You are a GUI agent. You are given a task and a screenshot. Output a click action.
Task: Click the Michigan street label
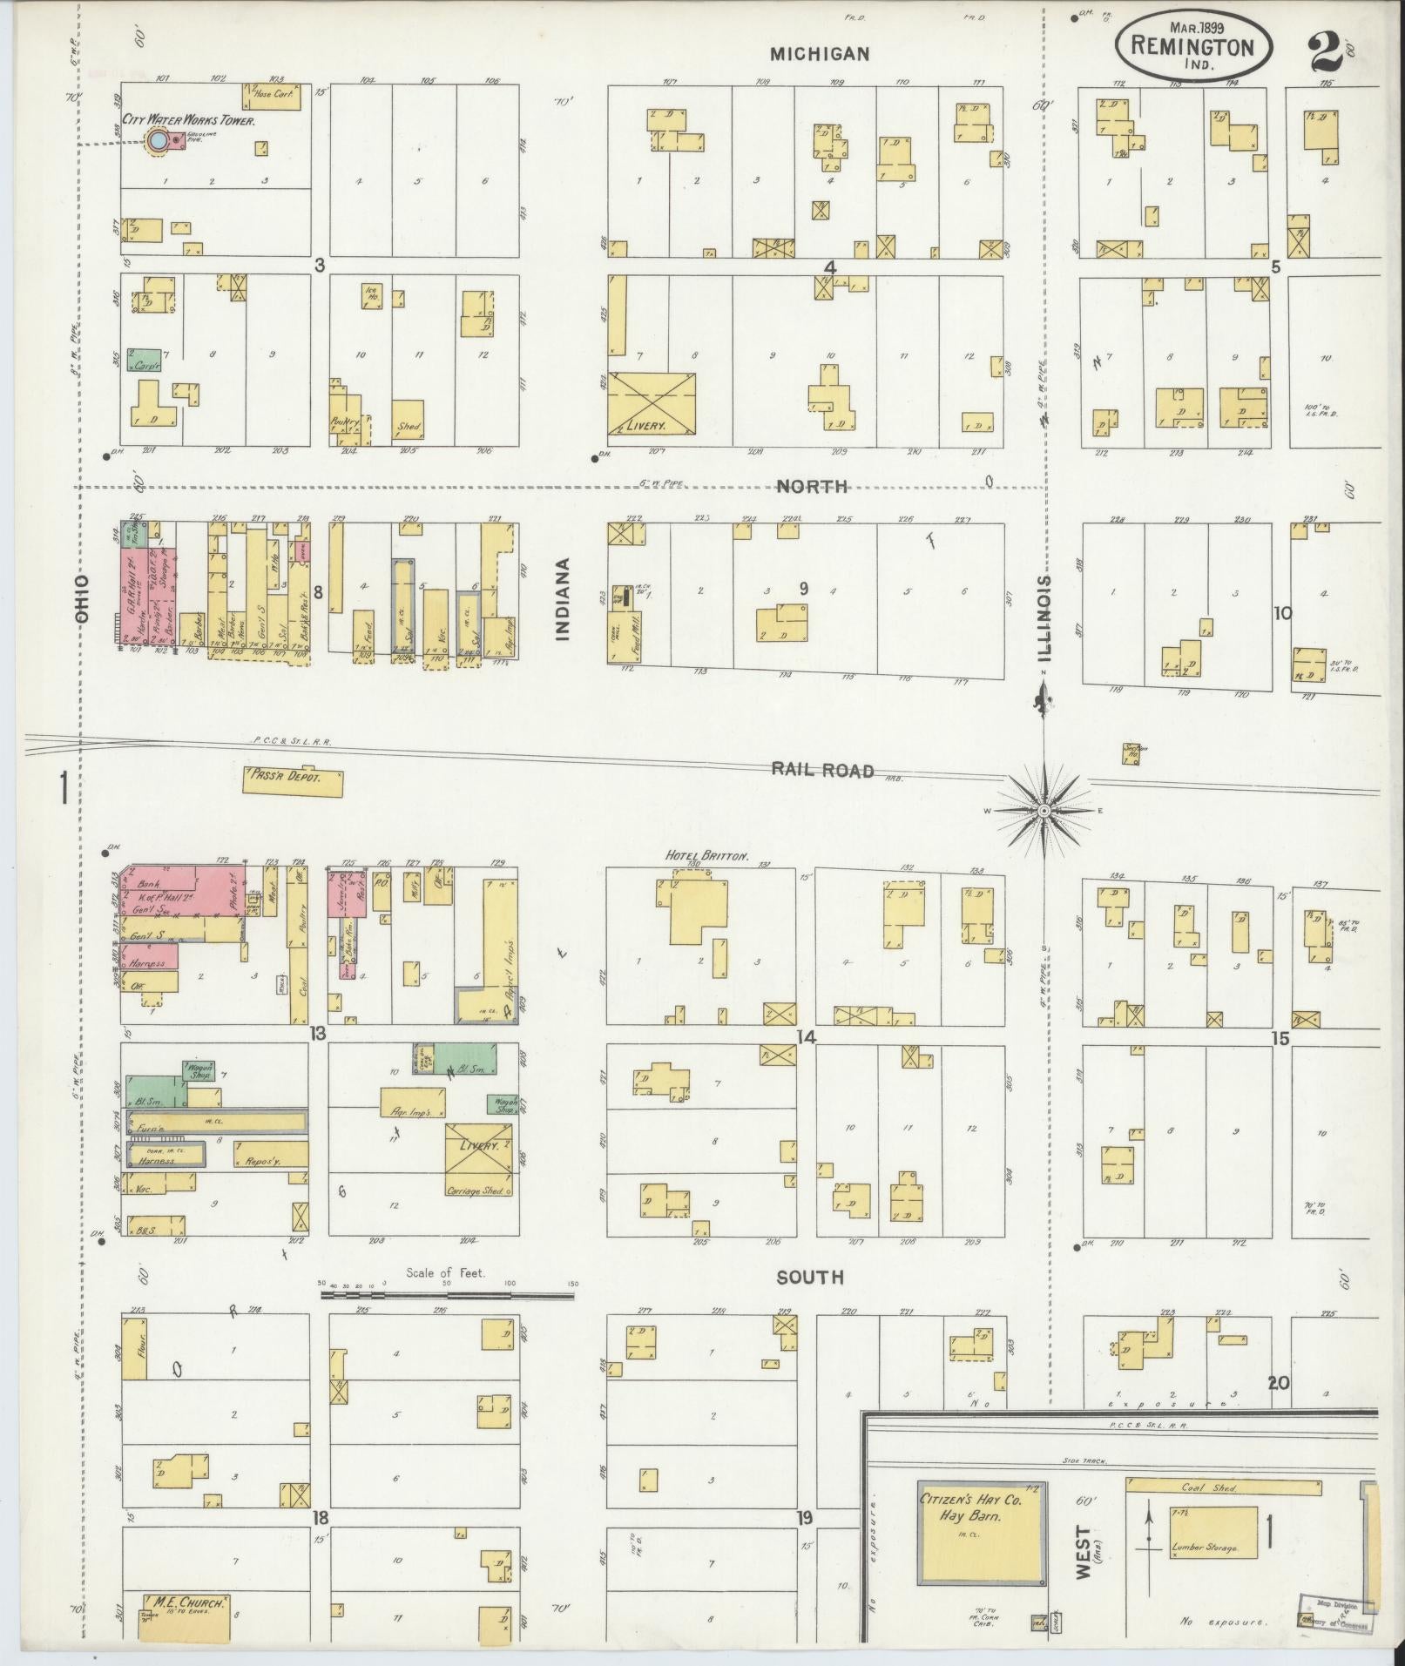point(819,54)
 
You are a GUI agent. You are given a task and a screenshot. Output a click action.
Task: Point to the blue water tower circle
point(158,139)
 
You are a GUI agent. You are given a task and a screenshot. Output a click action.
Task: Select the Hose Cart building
point(272,96)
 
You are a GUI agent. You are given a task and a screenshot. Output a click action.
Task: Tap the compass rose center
point(1043,811)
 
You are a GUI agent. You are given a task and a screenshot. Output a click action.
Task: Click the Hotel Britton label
point(706,856)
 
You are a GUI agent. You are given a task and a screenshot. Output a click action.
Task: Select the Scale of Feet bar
point(447,1295)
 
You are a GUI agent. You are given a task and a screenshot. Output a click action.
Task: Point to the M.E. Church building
point(187,1617)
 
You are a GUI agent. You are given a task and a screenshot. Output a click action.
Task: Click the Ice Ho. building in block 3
point(371,296)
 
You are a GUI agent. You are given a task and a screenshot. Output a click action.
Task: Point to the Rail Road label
point(822,769)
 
